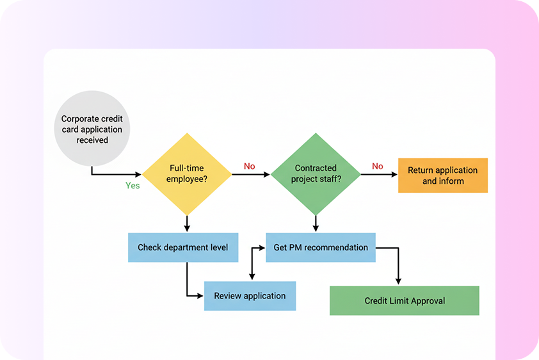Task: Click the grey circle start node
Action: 93,129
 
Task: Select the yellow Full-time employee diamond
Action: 187,174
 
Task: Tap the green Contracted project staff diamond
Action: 316,174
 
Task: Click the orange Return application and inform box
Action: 442,176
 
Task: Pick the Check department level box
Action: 182,247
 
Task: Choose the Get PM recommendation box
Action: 321,247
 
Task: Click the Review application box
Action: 250,296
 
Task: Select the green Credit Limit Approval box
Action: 404,300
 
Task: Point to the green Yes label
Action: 133,186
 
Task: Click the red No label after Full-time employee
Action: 249,167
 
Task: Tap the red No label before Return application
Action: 377,167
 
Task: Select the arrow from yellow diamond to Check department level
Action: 187,224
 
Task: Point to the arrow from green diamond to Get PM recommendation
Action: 316,224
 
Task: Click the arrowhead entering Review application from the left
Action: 200,295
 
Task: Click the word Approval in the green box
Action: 427,300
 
